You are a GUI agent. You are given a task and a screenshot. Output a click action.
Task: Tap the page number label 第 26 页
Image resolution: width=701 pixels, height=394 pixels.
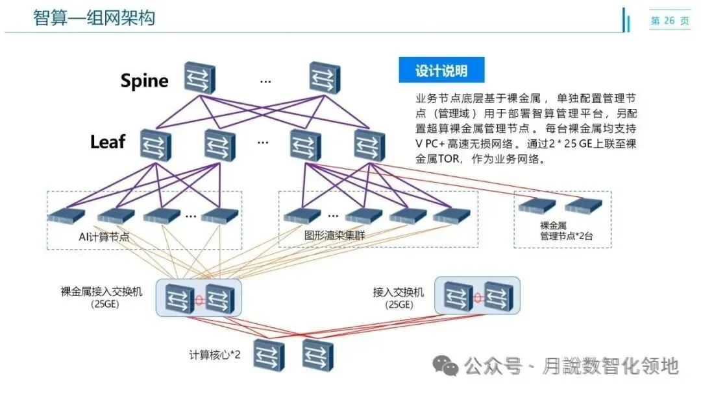coord(670,21)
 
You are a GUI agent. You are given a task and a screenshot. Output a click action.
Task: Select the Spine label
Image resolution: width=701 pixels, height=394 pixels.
coord(144,80)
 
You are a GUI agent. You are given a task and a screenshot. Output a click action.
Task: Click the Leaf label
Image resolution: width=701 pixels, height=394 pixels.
coord(108,142)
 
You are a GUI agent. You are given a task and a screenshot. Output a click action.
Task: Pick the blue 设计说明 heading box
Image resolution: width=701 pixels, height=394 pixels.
coord(441,70)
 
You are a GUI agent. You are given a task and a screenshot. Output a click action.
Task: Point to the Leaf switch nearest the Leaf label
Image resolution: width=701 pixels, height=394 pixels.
coord(155,145)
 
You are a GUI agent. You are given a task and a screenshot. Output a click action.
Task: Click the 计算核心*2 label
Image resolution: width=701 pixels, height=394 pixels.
coord(215,354)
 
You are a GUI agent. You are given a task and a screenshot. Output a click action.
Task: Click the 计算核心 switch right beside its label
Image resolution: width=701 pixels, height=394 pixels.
coord(269,354)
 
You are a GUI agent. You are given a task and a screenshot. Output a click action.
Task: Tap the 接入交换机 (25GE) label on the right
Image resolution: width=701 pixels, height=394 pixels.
coord(399,298)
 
